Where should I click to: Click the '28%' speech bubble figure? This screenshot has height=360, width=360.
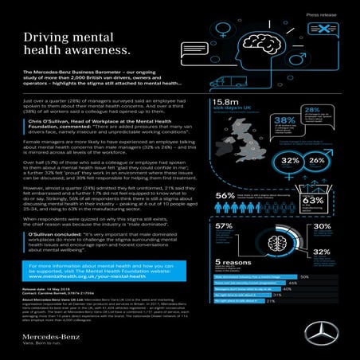(x=311, y=111)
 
